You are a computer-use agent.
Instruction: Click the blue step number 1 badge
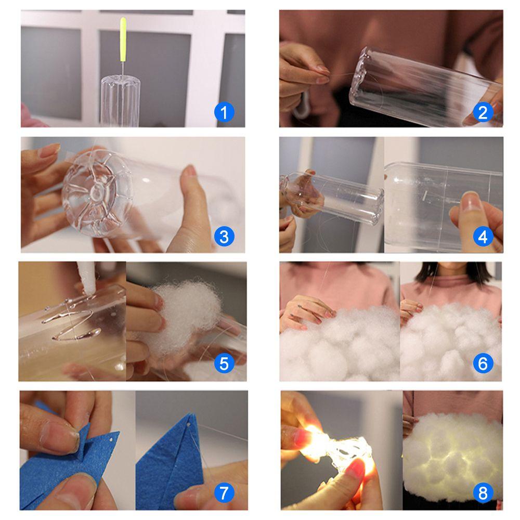(224, 112)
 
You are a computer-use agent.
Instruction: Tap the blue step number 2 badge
(483, 112)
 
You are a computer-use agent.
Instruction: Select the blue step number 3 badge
(224, 237)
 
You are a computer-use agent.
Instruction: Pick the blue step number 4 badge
(483, 237)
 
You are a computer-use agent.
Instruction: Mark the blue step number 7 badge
(224, 492)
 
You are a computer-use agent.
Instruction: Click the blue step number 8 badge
(483, 492)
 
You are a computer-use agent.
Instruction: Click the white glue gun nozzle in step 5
(87, 278)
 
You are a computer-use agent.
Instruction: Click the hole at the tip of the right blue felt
(189, 424)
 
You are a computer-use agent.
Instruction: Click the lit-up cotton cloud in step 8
(453, 458)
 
